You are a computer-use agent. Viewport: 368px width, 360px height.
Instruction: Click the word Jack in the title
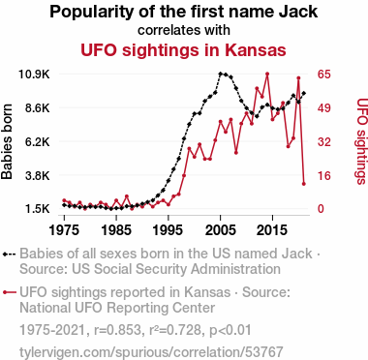[298, 12]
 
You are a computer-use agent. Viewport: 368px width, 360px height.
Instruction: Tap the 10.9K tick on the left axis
[34, 75]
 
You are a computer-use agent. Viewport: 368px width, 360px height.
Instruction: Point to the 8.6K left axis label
[38, 108]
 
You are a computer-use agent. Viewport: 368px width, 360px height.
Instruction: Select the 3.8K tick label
[38, 176]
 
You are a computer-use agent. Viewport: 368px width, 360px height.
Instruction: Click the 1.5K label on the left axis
[38, 209]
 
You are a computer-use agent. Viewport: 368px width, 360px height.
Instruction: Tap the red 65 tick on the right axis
[324, 75]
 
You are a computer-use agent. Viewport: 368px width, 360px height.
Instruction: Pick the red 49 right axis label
[324, 108]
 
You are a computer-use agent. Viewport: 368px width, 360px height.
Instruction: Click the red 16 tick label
[324, 176]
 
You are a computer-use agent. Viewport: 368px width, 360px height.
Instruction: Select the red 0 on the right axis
[322, 209]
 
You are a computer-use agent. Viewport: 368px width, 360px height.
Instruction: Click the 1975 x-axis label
[64, 230]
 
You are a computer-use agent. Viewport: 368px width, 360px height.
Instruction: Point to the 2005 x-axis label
[221, 230]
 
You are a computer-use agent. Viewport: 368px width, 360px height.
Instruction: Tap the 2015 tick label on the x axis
[272, 230]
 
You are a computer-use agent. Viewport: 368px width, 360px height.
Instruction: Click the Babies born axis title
[7, 141]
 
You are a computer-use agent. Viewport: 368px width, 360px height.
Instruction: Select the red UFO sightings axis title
[361, 141]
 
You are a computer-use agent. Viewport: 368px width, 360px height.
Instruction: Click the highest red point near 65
[267, 74]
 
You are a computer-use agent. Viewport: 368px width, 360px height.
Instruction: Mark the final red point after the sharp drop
[304, 184]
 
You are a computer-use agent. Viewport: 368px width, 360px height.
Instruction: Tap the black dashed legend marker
[9, 254]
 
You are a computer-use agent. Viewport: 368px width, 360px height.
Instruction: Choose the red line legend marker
[9, 292]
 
